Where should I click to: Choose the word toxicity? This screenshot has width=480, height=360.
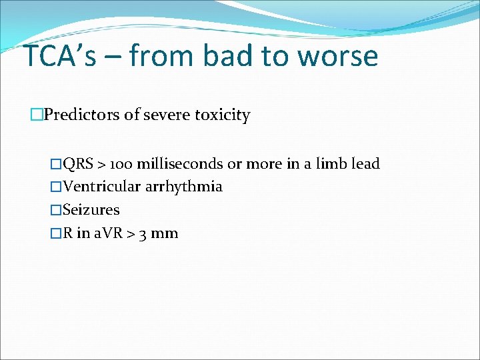(222, 115)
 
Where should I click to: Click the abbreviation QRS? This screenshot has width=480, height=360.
(78, 164)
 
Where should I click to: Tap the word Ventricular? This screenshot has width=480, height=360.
(101, 187)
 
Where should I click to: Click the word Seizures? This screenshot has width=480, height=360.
(91, 210)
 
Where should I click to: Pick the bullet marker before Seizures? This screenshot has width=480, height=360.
(55, 210)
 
